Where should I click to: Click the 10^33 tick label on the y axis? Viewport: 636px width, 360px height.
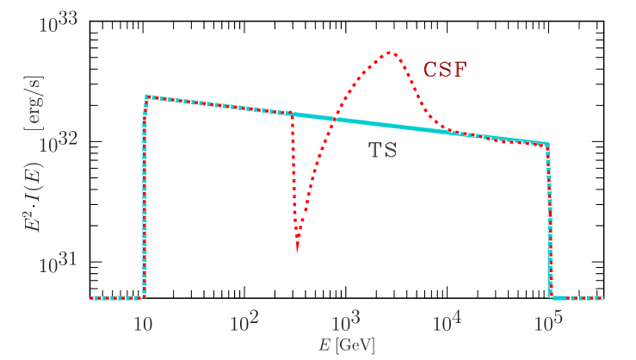(59, 22)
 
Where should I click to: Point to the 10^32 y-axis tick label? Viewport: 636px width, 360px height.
(59, 143)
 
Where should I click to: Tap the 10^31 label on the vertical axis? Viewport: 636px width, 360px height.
(59, 264)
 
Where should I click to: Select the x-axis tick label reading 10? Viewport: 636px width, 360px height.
(144, 325)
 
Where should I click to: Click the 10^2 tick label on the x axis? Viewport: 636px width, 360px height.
(244, 324)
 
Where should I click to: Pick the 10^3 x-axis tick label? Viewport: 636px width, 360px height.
(345, 324)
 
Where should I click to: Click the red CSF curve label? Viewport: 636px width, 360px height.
(444, 71)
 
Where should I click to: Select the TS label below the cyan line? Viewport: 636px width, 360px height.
(383, 151)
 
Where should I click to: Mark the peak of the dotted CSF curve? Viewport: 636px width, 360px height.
(390, 53)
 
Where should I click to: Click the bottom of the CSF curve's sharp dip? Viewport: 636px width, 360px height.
(297, 253)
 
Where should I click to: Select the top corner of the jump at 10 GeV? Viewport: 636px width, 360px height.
(146, 96)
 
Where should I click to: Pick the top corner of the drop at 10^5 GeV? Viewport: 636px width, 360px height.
(547, 144)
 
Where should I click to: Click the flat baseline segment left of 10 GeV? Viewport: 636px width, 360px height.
(116, 298)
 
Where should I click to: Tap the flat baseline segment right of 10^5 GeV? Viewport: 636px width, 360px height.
(577, 298)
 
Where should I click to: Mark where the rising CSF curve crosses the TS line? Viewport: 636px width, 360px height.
(332, 119)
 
